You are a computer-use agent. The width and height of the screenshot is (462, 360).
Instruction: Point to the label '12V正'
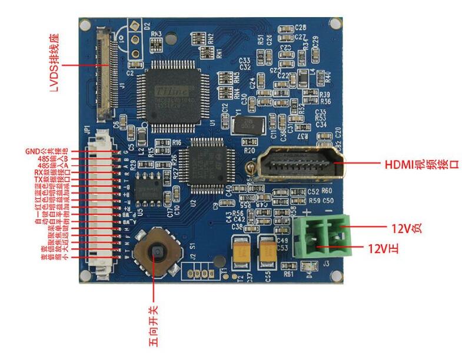click(384, 249)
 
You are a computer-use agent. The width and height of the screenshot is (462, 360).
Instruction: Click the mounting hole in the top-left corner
click(85, 24)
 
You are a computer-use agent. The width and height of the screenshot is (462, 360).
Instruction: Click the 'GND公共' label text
click(40, 151)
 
